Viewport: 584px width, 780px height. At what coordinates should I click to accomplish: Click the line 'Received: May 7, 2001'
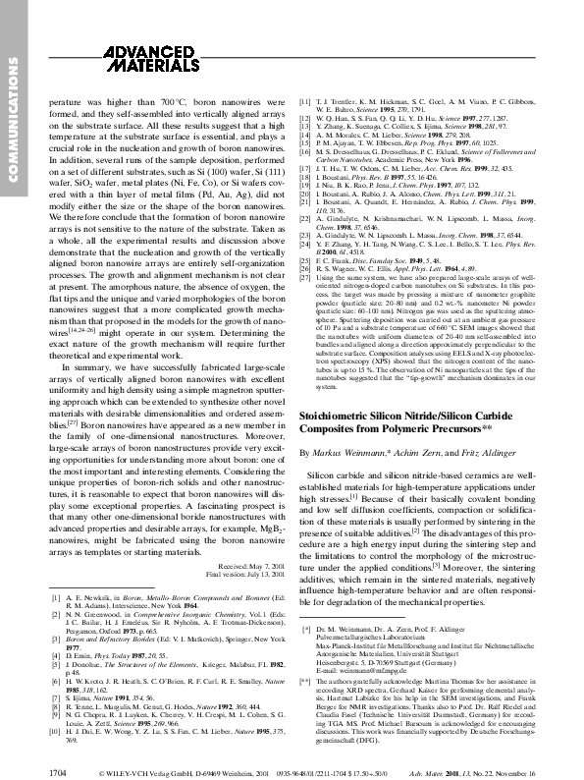click(245, 566)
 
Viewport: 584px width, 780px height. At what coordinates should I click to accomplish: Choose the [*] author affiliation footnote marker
click(305, 625)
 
